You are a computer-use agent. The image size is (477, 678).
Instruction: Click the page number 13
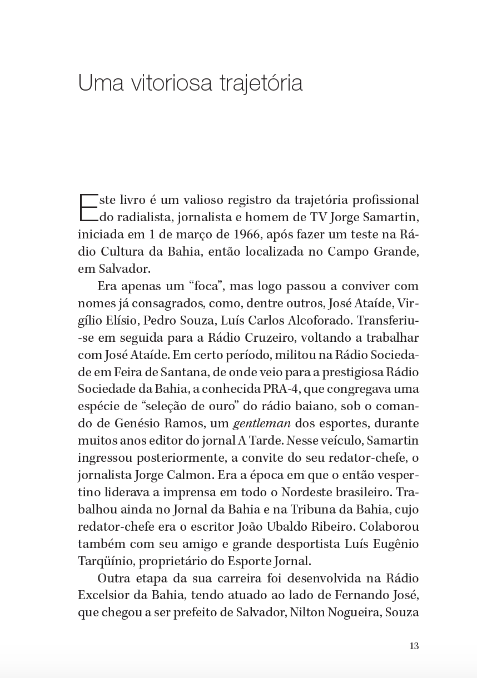coord(414,646)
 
